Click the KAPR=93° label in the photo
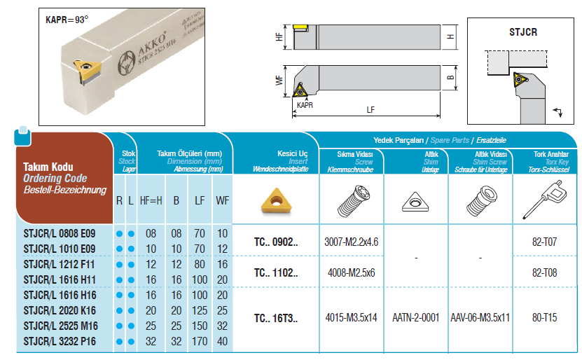click(x=67, y=20)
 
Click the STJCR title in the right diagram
click(x=523, y=32)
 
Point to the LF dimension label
click(x=370, y=110)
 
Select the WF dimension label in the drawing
click(x=279, y=80)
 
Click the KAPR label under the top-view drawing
click(x=305, y=105)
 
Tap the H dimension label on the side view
click(x=450, y=36)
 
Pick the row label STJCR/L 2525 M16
click(x=60, y=326)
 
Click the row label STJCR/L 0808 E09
click(x=60, y=233)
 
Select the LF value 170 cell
click(x=200, y=341)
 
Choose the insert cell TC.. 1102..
click(x=276, y=272)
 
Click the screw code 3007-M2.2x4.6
click(x=351, y=242)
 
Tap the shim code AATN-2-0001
click(x=416, y=318)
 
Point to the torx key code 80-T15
click(x=544, y=317)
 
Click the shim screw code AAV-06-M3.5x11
click(x=480, y=318)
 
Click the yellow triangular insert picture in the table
click(x=277, y=201)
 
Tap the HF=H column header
click(x=151, y=201)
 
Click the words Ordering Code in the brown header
click(x=55, y=178)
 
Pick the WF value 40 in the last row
click(x=222, y=341)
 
